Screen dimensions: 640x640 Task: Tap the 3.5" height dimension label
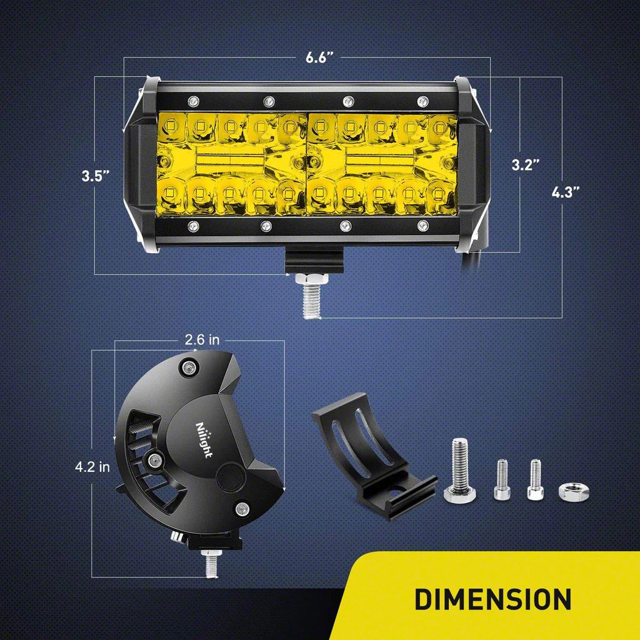pyautogui.click(x=96, y=176)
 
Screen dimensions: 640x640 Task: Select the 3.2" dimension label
pyautogui.click(x=526, y=165)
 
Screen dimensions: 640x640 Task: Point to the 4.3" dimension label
pyautogui.click(x=564, y=192)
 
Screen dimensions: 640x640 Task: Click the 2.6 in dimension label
pyautogui.click(x=202, y=340)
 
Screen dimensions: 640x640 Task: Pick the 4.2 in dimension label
pyautogui.click(x=92, y=466)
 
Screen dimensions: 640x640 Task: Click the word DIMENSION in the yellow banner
pyautogui.click(x=492, y=598)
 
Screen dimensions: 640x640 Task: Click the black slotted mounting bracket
pyautogui.click(x=369, y=456)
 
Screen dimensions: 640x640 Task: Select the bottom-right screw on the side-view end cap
pyautogui.click(x=241, y=507)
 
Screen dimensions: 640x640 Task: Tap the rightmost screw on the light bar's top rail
pyautogui.click(x=422, y=101)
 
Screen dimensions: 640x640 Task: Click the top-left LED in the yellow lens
pyautogui.click(x=172, y=126)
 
